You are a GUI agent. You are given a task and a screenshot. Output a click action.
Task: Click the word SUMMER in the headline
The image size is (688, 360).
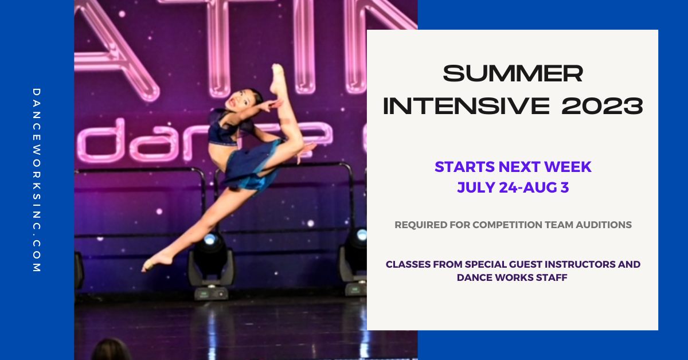click(513, 73)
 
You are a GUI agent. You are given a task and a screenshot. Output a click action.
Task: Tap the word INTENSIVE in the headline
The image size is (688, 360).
click(466, 105)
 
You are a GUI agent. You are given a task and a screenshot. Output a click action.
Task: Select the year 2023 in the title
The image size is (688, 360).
click(603, 105)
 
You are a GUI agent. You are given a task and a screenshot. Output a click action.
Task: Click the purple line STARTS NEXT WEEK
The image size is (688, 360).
click(513, 167)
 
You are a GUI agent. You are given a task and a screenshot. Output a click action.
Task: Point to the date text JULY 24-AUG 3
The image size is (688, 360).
click(513, 187)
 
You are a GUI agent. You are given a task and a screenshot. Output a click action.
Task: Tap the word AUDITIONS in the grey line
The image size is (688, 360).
click(604, 225)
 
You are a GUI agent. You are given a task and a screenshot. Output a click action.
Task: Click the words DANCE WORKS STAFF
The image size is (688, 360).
click(512, 277)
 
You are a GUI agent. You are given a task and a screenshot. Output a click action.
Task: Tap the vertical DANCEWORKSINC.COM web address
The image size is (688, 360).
click(37, 181)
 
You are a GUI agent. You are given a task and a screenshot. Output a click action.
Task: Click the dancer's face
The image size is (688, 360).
click(238, 101)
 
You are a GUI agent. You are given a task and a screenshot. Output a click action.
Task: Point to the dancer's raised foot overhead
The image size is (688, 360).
click(277, 79)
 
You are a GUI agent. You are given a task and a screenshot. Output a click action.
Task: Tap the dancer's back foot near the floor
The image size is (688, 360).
click(157, 262)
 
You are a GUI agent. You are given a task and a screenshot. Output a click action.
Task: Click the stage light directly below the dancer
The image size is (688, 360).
click(212, 264)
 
